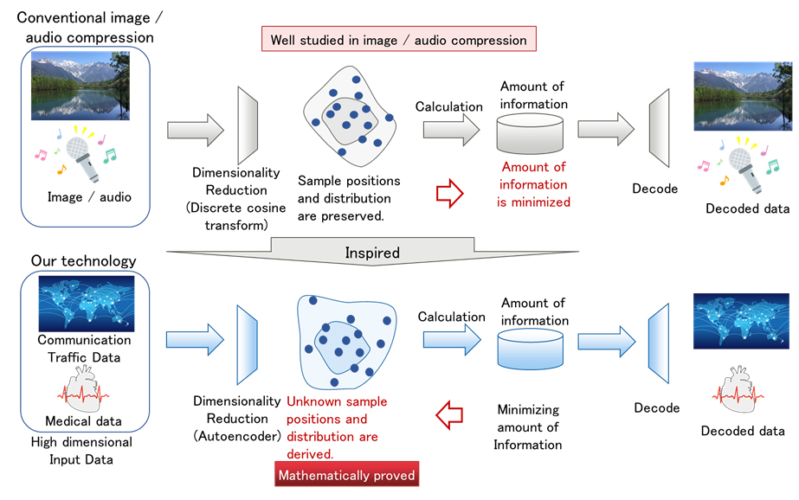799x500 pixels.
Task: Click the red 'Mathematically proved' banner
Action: coord(346,475)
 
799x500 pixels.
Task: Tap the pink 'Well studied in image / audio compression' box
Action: coord(399,40)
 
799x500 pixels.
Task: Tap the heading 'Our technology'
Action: coord(83,260)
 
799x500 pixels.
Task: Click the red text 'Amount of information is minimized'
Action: coord(533,184)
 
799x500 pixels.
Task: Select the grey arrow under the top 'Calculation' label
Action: coord(451,130)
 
